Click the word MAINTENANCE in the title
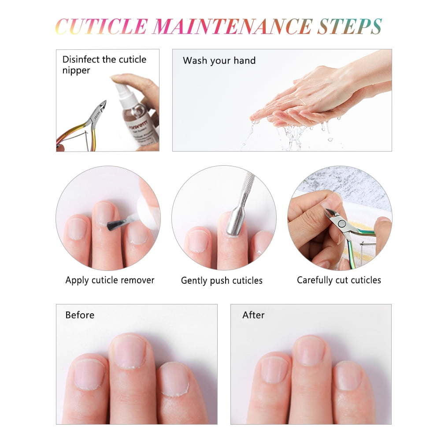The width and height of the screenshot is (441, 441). pos(233,26)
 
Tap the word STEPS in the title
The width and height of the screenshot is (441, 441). pos(350,26)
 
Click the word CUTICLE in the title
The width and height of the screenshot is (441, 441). pos(101,26)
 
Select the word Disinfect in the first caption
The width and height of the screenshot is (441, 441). pos(81,59)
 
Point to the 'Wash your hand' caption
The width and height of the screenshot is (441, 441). pos(219,61)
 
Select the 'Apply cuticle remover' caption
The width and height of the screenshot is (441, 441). pos(110,280)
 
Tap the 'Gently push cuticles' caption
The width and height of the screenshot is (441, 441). pos(222,280)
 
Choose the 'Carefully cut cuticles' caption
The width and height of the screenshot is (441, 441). pos(339,280)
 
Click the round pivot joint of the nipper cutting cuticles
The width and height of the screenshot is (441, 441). pos(342,224)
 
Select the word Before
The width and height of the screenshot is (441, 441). pos(80,315)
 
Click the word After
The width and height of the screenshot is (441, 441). pos(253,315)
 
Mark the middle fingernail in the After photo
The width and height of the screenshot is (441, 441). pos(310,350)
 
